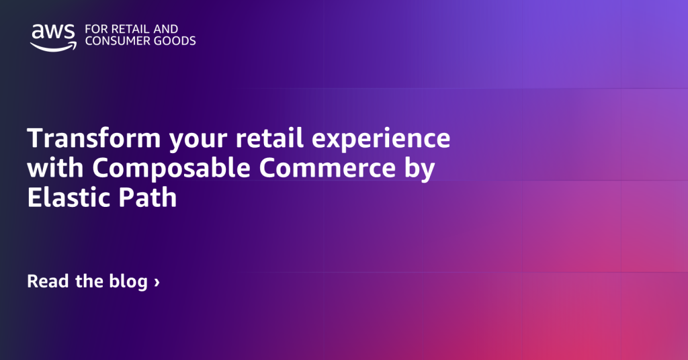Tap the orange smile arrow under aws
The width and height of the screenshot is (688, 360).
tap(52, 46)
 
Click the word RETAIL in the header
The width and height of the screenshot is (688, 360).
tap(126, 30)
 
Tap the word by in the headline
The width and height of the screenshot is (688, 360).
tap(420, 169)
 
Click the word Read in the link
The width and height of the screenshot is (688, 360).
tap(48, 281)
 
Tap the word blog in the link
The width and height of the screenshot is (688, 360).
tap(127, 282)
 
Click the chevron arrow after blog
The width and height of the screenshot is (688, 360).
tap(157, 282)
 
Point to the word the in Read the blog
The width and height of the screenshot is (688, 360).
tap(88, 281)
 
